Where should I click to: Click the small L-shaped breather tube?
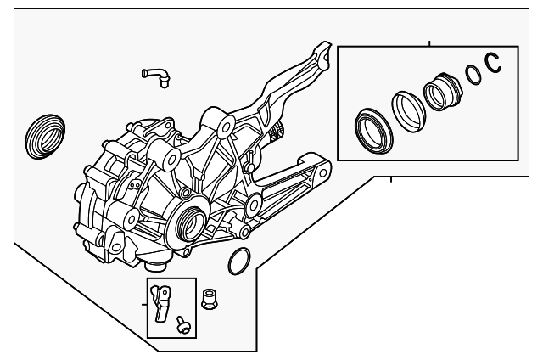(x=156, y=76)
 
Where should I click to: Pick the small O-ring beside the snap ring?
(x=473, y=76)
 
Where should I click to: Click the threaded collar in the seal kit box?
(x=440, y=93)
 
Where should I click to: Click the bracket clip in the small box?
(x=162, y=301)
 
